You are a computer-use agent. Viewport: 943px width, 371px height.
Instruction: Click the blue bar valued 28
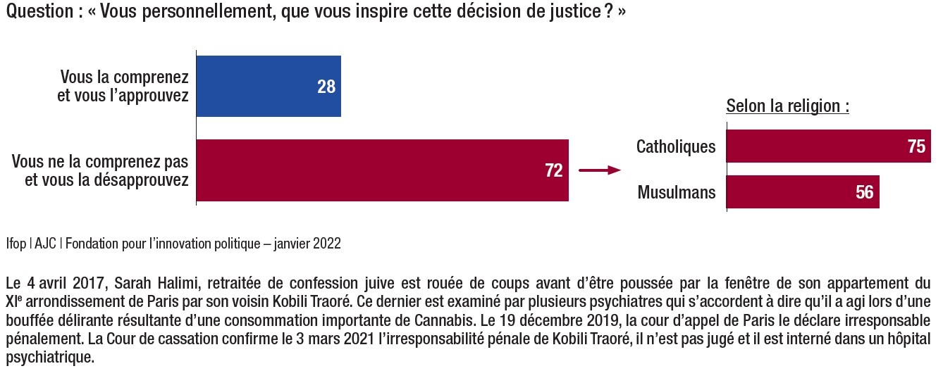(268, 87)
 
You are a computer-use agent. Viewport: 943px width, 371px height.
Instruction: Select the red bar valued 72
(381, 171)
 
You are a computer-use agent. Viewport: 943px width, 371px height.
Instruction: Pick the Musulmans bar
(802, 192)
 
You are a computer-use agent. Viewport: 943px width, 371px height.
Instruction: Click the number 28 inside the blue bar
(326, 87)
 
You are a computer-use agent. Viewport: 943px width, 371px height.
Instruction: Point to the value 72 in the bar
(554, 171)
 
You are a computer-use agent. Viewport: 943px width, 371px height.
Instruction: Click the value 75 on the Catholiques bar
(916, 146)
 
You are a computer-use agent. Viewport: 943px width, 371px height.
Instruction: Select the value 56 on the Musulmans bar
(865, 192)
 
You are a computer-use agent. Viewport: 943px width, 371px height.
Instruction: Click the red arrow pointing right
(599, 170)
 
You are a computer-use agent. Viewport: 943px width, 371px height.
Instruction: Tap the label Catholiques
(676, 146)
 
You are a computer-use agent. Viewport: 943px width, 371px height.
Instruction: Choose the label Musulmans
(677, 192)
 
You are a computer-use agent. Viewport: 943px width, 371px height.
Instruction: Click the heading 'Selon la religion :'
(787, 108)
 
